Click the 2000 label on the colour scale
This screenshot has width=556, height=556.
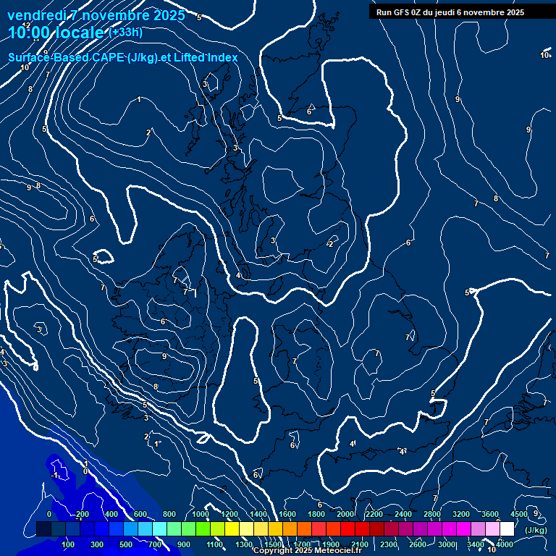point(345,514)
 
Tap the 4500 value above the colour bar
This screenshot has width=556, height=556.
point(519,514)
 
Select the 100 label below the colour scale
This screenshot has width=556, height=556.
point(69,544)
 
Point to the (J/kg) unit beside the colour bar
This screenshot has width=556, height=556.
point(536,531)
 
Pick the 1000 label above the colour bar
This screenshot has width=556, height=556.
point(201,514)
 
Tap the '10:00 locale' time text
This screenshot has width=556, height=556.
point(56,32)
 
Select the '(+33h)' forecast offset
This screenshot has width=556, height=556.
point(125,32)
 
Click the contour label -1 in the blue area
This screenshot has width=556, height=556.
point(55,475)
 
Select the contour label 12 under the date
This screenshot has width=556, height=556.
point(27,25)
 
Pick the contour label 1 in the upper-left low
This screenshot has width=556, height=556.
point(139,99)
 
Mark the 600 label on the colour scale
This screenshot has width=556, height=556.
point(140,514)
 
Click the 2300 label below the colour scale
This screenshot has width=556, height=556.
point(388,544)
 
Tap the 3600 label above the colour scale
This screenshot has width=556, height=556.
point(490,514)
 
